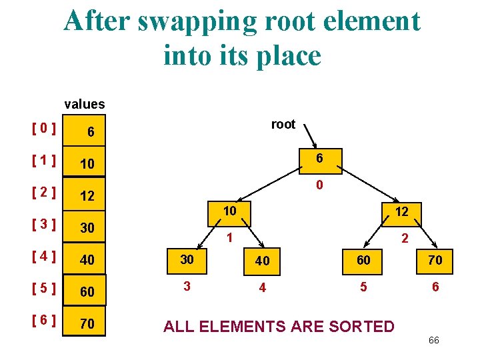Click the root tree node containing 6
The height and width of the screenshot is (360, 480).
(320, 159)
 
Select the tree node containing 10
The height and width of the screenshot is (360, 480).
(230, 211)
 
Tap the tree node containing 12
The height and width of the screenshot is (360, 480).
(401, 211)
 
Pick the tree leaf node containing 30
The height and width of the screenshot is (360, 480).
(187, 259)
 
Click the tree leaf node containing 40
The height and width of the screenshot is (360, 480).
(263, 260)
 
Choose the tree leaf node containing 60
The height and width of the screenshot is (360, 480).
(363, 259)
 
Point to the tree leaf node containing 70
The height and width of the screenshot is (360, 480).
(435, 259)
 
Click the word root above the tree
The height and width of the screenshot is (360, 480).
(283, 124)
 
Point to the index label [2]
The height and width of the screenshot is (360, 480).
(43, 193)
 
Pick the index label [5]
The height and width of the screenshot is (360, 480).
(43, 290)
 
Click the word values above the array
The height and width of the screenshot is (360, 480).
(84, 104)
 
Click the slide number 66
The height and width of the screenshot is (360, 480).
(433, 341)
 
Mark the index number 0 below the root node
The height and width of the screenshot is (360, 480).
(320, 185)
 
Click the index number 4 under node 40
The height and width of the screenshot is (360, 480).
(263, 289)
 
